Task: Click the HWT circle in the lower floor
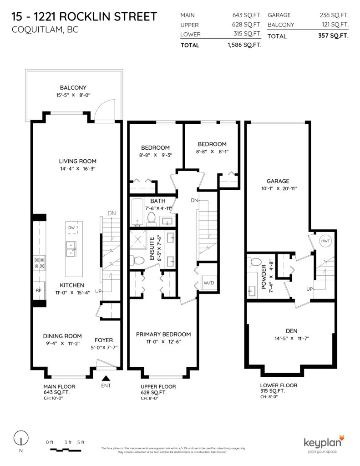coord(325,241)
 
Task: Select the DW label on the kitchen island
coord(71,228)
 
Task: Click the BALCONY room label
coord(73,88)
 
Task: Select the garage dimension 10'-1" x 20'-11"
coord(278,188)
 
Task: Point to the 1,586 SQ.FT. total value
coord(239,45)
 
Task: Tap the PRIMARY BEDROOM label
coord(163,334)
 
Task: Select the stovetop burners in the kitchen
coord(39,263)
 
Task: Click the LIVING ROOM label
coord(77,161)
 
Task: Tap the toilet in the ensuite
coord(140,260)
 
